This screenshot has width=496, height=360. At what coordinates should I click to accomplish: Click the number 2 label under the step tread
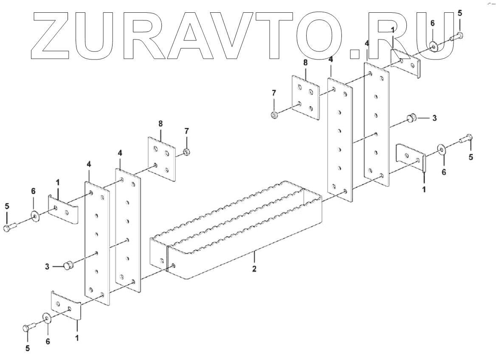[x=254, y=269]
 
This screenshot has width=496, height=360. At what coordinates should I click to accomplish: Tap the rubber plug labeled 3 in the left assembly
[x=67, y=266]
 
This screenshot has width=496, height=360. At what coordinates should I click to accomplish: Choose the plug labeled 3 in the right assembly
[x=411, y=118]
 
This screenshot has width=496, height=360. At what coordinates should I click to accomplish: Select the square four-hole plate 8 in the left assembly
[x=162, y=159]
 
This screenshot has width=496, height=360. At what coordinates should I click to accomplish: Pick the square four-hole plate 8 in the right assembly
[x=305, y=97]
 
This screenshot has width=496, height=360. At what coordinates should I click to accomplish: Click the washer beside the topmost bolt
[x=433, y=46]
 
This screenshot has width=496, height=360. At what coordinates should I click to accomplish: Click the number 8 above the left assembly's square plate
[x=161, y=124]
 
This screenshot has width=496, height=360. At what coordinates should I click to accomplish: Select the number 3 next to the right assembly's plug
[x=434, y=118]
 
